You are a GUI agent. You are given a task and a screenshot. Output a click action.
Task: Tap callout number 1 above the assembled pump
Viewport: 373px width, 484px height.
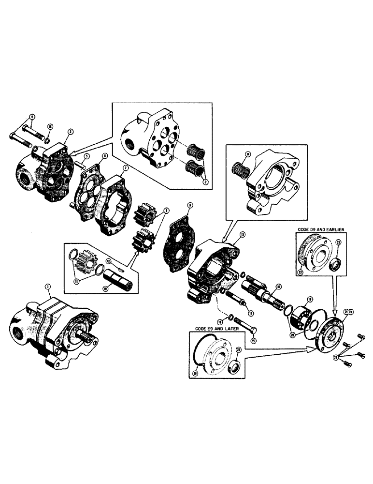pyautogui.click(x=47, y=287)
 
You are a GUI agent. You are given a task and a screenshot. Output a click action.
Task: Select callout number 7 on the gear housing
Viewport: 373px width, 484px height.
pyautogui.click(x=125, y=167)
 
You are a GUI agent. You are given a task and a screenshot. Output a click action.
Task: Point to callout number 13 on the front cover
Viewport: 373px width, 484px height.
pyautogui.click(x=242, y=234)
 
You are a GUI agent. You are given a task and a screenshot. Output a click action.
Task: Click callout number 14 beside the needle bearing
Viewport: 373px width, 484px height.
pyautogui.click(x=248, y=155)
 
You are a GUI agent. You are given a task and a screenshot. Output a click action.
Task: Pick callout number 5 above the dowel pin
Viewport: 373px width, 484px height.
pyautogui.click(x=85, y=156)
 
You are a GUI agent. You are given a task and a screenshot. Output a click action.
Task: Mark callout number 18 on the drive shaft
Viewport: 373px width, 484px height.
pyautogui.click(x=279, y=287)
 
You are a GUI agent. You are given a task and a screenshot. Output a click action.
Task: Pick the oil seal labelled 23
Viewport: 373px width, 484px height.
pyautogui.click(x=333, y=264)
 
